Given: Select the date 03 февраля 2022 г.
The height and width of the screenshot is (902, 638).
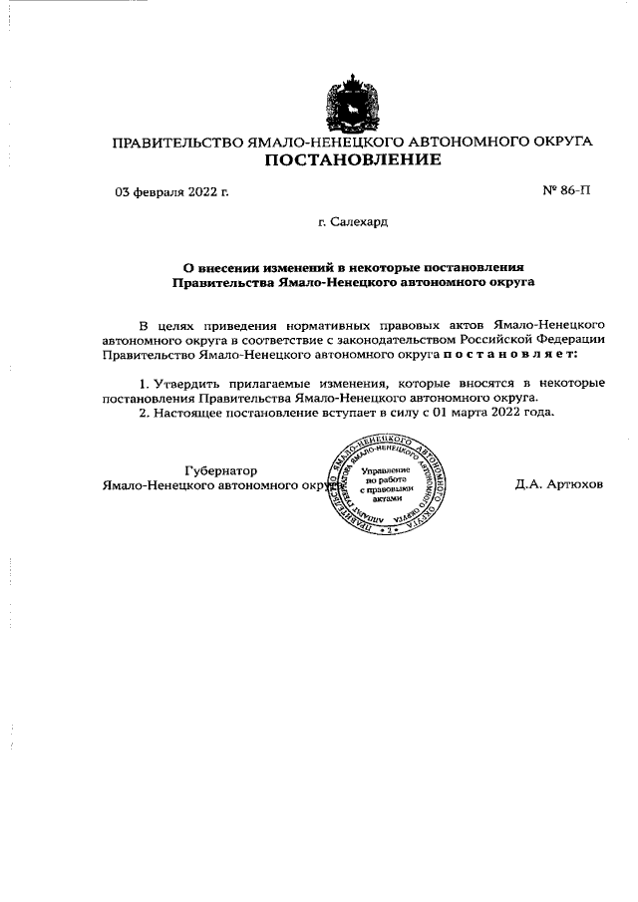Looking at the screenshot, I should coord(171,191).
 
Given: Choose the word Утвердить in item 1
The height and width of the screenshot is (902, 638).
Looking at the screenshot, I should coord(183,384).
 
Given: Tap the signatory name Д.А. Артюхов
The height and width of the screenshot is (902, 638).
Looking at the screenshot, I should coord(559,485).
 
